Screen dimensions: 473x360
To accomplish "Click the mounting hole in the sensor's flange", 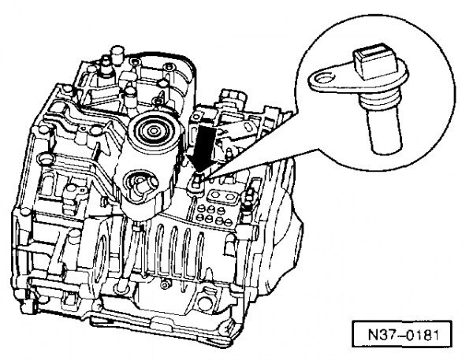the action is [x=324, y=80].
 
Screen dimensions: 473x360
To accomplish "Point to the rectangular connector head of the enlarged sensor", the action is [x=373, y=61].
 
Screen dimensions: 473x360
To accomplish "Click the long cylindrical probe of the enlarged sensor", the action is [x=385, y=131].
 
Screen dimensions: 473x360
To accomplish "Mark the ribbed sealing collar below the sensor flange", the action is [x=381, y=101].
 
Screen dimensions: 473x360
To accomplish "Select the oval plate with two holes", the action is [x=221, y=196].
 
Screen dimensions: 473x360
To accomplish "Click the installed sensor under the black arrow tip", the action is [x=196, y=183].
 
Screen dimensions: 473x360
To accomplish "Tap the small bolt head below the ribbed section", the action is [x=165, y=284].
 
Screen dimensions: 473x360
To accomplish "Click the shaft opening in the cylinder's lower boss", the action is [x=143, y=184].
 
